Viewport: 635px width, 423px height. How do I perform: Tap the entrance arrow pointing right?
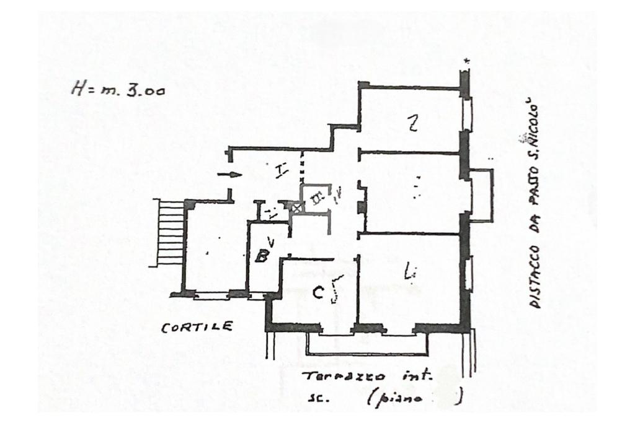click(x=231, y=175)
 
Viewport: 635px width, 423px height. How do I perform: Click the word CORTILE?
click(x=197, y=327)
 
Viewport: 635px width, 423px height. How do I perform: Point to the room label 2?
click(x=412, y=124)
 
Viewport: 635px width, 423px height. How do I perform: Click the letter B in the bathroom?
click(x=262, y=255)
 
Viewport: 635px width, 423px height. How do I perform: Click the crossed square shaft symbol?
click(x=298, y=209)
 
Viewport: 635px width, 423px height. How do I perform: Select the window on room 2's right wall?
click(x=467, y=114)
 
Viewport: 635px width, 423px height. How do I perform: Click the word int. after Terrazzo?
click(x=419, y=375)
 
